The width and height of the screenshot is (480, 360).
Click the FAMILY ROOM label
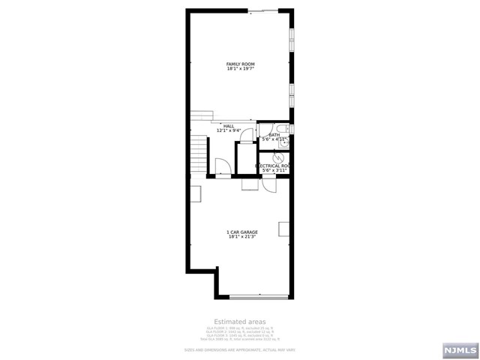pyautogui.click(x=240, y=64)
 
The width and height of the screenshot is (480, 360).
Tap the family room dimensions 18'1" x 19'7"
pyautogui.click(x=240, y=69)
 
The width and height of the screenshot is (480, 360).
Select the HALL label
pyautogui.click(x=229, y=126)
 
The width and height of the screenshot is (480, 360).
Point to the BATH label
pyautogui.click(x=274, y=134)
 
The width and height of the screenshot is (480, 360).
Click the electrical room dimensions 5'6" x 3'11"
pyautogui.click(x=274, y=171)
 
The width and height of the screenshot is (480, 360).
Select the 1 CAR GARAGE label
pyautogui.click(x=241, y=232)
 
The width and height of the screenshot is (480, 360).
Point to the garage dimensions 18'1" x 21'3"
pyautogui.click(x=241, y=238)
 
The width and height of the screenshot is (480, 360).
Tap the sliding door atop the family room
pyautogui.click(x=261, y=11)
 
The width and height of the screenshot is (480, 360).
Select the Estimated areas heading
pyautogui.click(x=240, y=321)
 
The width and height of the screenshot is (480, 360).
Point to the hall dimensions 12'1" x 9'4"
pyautogui.click(x=229, y=130)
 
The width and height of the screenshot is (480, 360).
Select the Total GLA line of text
pyautogui.click(x=240, y=339)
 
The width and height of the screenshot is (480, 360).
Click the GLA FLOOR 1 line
pyautogui.click(x=240, y=328)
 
